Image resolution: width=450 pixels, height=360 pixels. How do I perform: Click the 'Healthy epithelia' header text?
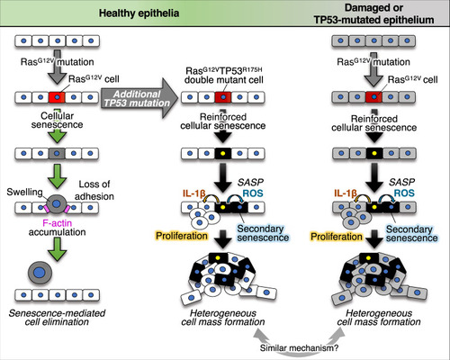pos(139,13)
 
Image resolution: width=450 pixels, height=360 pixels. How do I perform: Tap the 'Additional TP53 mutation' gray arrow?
pos(139,98)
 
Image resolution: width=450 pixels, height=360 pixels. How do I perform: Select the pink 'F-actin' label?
pos(57,223)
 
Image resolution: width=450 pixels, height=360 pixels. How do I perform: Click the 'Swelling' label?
pos(24,192)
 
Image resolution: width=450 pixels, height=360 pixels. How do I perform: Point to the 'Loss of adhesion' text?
pos(94,190)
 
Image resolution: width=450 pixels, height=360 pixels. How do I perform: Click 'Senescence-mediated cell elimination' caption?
pos(57,318)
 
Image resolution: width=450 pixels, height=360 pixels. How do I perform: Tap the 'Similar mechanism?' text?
pos(299,348)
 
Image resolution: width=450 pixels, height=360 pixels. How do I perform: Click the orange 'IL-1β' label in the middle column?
pos(193,193)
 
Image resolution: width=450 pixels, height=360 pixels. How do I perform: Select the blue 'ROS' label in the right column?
pos(404,193)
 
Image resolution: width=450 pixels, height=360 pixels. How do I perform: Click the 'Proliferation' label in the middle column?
pos(182,236)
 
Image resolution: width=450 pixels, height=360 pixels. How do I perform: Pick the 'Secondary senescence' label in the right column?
pos(411,233)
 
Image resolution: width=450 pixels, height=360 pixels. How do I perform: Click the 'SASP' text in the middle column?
pos(250,182)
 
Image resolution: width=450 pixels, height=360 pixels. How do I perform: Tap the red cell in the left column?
pos(57,97)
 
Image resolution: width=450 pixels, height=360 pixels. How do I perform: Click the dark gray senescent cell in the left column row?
pos(57,153)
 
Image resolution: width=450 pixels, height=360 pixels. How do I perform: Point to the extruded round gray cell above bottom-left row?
pos(40,273)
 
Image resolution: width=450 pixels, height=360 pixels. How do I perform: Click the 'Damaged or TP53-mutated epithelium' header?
pos(373,13)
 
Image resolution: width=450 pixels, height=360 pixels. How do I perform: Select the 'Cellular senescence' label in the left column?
pos(57,120)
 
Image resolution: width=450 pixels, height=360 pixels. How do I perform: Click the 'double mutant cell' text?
pos(224,80)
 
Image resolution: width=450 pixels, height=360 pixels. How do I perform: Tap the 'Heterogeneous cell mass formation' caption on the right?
pos(379,318)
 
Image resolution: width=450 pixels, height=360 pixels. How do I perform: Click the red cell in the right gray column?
pos(373,97)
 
